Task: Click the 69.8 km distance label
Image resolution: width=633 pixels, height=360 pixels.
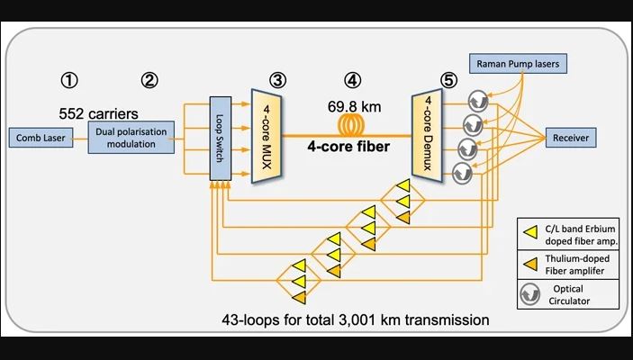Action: click(x=354, y=106)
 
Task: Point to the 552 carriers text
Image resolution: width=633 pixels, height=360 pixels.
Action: click(x=99, y=114)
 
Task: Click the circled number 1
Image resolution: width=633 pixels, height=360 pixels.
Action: click(x=68, y=79)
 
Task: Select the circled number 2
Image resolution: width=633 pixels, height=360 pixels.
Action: click(x=149, y=79)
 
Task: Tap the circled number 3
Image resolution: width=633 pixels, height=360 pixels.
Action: click(x=277, y=79)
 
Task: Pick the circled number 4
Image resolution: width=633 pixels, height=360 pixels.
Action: click(x=353, y=79)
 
